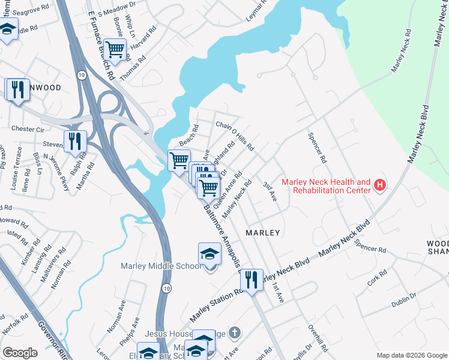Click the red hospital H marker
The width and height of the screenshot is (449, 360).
pos(379,186)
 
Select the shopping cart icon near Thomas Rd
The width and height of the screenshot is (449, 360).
pos(114,49)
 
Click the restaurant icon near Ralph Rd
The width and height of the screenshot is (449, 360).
pos(75,142)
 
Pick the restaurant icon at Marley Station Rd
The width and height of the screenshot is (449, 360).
pos(252,280)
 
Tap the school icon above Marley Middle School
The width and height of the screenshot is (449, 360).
pos(209,254)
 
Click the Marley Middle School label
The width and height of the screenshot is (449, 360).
pos(161,266)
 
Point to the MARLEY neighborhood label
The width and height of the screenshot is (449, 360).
pos(263,232)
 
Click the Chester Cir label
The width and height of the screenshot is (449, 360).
pos(28,129)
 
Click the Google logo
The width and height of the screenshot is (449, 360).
pos(20,353)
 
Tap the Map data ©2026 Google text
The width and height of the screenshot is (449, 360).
pos(411,355)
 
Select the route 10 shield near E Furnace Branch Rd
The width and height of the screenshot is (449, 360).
pos(81,75)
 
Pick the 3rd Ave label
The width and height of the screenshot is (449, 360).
pos(269,192)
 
